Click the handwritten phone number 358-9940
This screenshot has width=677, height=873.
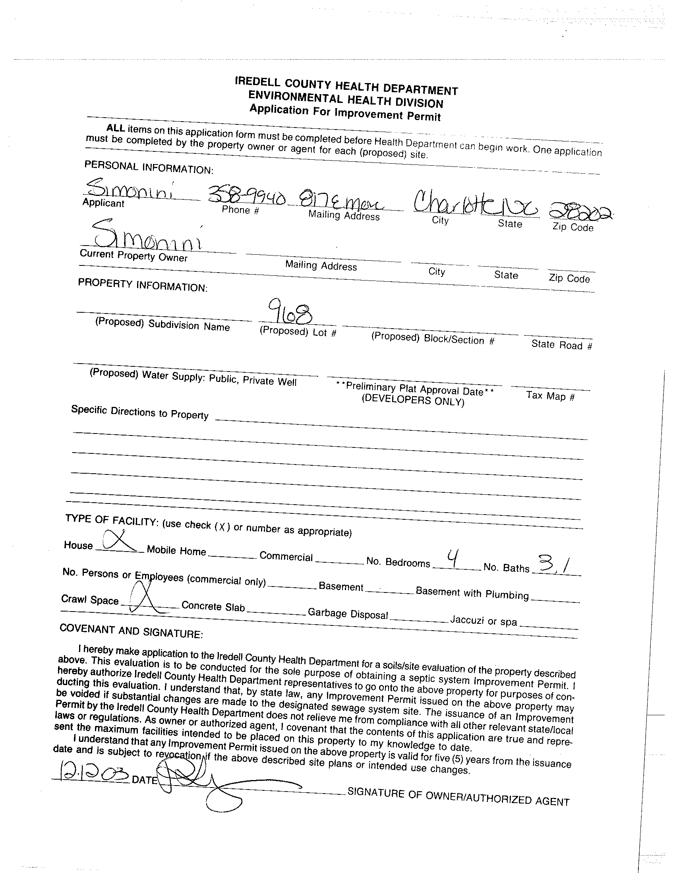(247, 196)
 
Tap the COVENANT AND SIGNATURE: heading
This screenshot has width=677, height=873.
(131, 631)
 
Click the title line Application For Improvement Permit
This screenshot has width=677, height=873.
(345, 112)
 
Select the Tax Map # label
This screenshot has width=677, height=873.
(550, 396)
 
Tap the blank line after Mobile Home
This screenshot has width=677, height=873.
(232, 556)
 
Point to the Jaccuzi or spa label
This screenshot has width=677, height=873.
(484, 621)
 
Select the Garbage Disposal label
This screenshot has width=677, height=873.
(348, 614)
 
